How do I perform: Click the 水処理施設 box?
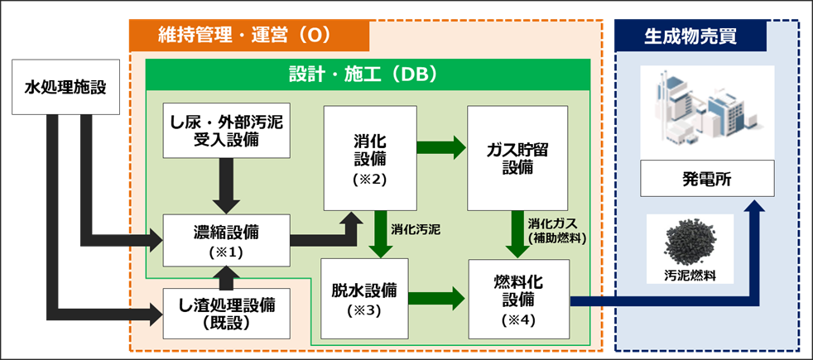point(64,86)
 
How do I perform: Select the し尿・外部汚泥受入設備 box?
point(226,131)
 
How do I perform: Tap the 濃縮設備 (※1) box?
point(226,239)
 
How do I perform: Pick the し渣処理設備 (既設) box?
point(226,313)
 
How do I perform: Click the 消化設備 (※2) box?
point(369,156)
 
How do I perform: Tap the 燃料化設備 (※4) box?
point(517,299)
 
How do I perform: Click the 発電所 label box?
point(707,178)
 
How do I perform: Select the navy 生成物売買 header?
point(690,36)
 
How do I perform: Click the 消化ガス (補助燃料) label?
point(556,231)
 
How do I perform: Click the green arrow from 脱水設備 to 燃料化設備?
point(440,296)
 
